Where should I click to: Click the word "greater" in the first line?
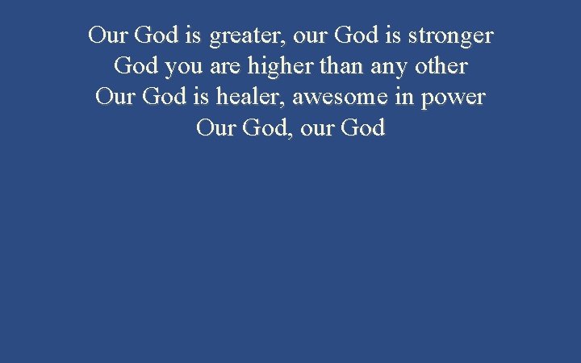click(246, 37)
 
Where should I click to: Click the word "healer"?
click(250, 98)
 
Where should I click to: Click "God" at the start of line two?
click(136, 68)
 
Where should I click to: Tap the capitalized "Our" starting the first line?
click(109, 37)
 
